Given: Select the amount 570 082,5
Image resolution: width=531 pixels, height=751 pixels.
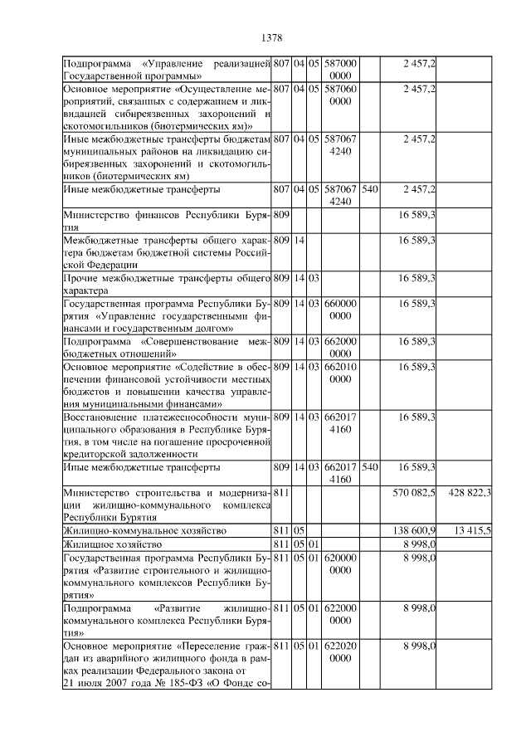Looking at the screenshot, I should pyautogui.click(x=415, y=493).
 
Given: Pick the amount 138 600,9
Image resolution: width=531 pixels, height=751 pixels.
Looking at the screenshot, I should pyautogui.click(x=415, y=529).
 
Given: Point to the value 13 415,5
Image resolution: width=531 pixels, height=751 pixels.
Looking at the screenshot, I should pyautogui.click(x=473, y=529).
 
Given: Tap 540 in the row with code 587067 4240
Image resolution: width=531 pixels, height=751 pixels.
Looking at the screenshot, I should pyautogui.click(x=370, y=189).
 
